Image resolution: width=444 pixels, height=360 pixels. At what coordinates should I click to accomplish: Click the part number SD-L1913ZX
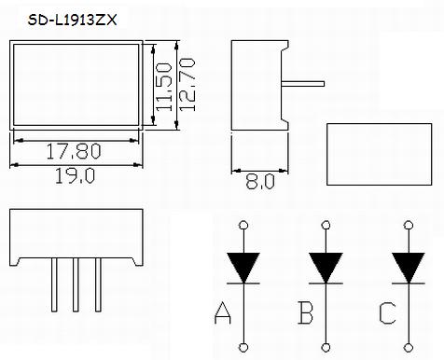72,21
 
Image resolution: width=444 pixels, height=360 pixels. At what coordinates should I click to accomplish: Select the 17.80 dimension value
74,151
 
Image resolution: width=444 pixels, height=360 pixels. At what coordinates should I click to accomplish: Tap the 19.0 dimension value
75,175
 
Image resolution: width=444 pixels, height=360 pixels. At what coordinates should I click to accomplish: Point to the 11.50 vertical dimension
163,87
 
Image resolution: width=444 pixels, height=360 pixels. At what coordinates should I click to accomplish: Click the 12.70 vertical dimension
187,85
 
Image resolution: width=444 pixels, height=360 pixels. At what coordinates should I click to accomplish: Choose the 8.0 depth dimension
260,182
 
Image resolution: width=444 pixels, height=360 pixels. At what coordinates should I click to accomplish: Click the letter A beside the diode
223,312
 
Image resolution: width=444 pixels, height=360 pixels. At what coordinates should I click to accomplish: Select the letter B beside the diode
306,312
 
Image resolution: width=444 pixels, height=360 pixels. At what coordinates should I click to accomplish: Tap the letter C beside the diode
387,313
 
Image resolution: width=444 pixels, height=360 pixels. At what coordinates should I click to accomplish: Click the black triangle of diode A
243,266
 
